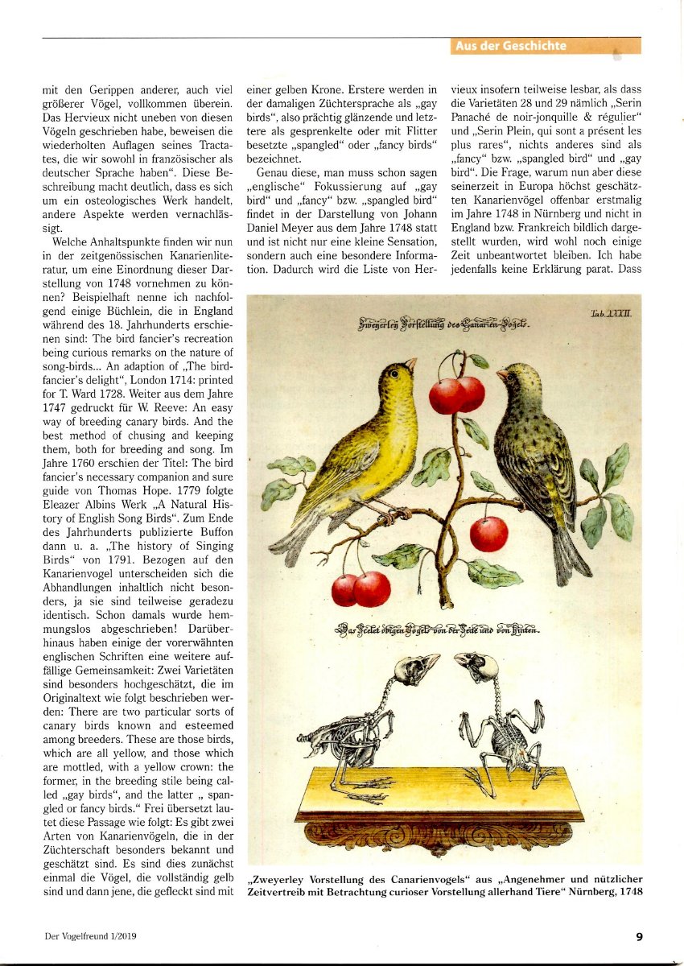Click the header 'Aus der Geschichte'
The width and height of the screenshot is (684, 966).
(511, 46)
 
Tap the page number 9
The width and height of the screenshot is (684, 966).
(639, 936)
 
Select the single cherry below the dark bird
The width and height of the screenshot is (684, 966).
(489, 534)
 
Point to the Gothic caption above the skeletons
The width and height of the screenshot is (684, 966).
(439, 630)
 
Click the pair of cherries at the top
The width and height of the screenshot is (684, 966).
(456, 394)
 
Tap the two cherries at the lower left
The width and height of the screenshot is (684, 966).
(361, 588)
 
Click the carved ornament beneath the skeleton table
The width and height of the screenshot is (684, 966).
(439, 836)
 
